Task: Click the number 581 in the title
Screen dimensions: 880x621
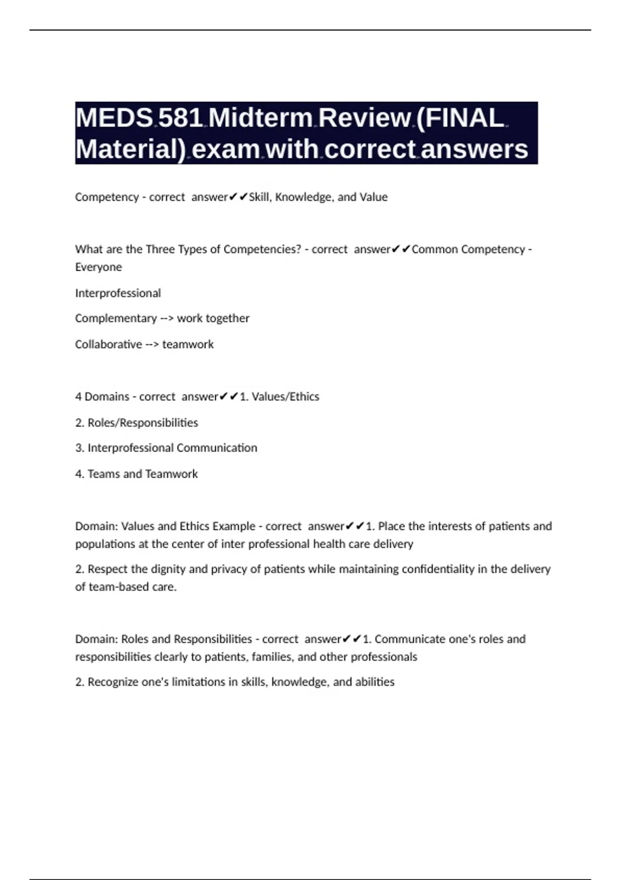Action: point(180,118)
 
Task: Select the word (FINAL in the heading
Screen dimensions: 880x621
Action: point(460,118)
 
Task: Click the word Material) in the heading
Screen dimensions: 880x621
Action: point(130,149)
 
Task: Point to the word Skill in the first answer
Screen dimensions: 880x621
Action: point(259,197)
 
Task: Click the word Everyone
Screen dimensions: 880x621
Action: point(98,267)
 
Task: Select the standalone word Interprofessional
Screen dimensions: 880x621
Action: point(118,293)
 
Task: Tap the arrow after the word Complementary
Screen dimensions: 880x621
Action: point(167,318)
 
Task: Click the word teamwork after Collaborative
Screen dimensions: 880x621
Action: point(188,344)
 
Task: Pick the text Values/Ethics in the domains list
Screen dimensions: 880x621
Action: point(285,397)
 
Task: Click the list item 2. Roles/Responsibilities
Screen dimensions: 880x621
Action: point(137,422)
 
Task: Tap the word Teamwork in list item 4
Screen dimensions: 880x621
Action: point(171,474)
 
